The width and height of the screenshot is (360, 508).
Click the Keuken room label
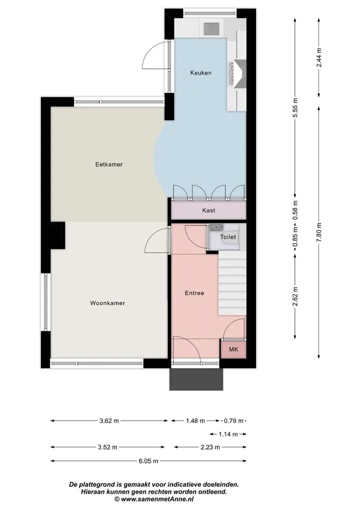pyautogui.click(x=201, y=73)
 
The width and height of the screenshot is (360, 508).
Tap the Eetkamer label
pyautogui.click(x=109, y=164)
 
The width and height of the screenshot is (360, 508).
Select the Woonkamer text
pyautogui.click(x=107, y=303)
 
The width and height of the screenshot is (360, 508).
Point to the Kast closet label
pyautogui.click(x=208, y=210)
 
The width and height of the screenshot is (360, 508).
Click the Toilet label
pyautogui.click(x=228, y=237)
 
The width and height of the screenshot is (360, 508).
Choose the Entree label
pyautogui.click(x=194, y=293)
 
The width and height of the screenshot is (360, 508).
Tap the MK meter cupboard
pyautogui.click(x=233, y=349)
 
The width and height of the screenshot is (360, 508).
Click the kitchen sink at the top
pyautogui.click(x=211, y=28)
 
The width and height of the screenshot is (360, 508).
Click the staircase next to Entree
pyautogui.click(x=232, y=284)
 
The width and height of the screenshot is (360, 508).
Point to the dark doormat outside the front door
pyautogui.click(x=196, y=379)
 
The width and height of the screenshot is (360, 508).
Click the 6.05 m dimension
pyautogui.click(x=148, y=461)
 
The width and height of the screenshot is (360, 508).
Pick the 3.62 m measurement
pyautogui.click(x=109, y=421)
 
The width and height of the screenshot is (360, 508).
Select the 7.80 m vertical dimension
pyautogui.click(x=319, y=232)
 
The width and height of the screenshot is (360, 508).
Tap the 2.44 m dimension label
pyautogui.click(x=319, y=57)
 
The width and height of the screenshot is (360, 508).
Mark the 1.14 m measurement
pyautogui.click(x=228, y=434)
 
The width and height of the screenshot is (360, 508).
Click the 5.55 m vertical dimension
pyautogui.click(x=295, y=107)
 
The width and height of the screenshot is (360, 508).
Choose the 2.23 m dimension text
pyautogui.click(x=210, y=448)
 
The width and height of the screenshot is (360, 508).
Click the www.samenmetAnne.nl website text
pyautogui.click(x=157, y=499)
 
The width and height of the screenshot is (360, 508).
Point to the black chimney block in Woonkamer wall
pyautogui.click(x=57, y=236)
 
